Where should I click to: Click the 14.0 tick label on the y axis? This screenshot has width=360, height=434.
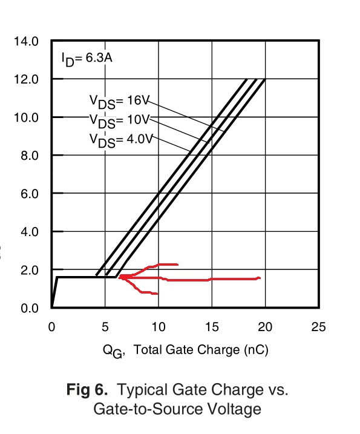26,41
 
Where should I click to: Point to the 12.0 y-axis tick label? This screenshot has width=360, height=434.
26,79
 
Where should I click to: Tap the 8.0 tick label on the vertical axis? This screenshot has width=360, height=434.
30,156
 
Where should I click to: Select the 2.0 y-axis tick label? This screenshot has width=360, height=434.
30,270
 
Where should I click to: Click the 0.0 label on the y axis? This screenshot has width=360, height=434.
30,308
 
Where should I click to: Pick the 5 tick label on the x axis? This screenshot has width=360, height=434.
105,327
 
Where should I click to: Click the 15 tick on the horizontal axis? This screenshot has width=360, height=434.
212,327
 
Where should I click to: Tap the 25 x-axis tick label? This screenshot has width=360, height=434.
318,327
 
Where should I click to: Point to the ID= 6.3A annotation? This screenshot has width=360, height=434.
87,59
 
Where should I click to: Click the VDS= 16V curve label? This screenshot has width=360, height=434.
119,102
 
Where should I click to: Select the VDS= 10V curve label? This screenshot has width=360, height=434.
119,121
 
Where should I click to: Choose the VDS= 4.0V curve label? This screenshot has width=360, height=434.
121,140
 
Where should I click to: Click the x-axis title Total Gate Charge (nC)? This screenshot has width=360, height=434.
201,350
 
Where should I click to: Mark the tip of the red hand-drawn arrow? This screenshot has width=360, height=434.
119,277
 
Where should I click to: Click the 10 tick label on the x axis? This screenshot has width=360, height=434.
159,327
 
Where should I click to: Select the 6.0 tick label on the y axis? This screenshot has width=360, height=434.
30,194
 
